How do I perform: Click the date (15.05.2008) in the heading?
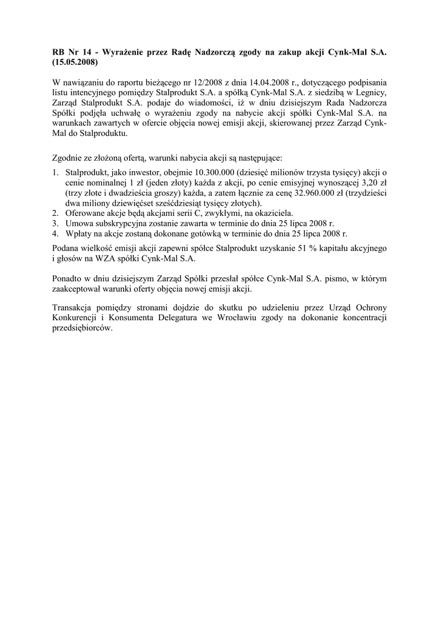pos(75,62)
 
